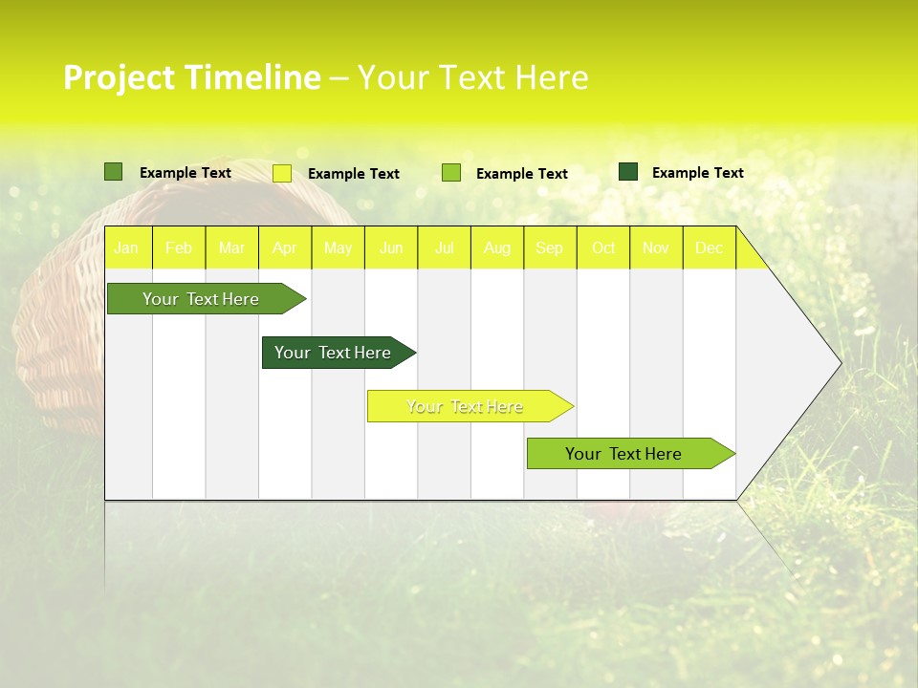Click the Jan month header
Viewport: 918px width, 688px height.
[126, 248]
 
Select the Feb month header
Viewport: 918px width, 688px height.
[179, 248]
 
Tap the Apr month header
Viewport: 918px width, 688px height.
[285, 248]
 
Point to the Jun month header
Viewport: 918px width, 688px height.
[391, 248]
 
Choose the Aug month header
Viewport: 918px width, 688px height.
[497, 248]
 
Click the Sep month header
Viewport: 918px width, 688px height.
[550, 248]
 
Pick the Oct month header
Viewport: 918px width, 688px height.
[603, 248]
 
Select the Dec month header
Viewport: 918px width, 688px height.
[710, 248]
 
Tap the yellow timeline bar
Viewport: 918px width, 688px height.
[467, 406]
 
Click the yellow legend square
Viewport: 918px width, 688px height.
[282, 173]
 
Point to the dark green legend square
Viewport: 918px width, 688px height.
[628, 172]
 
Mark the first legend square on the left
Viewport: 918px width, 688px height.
[113, 172]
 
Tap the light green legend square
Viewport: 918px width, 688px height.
[451, 173]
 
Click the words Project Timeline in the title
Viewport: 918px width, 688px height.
[191, 77]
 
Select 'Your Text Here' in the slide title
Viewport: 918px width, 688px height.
[472, 77]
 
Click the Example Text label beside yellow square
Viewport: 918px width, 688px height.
[354, 174]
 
